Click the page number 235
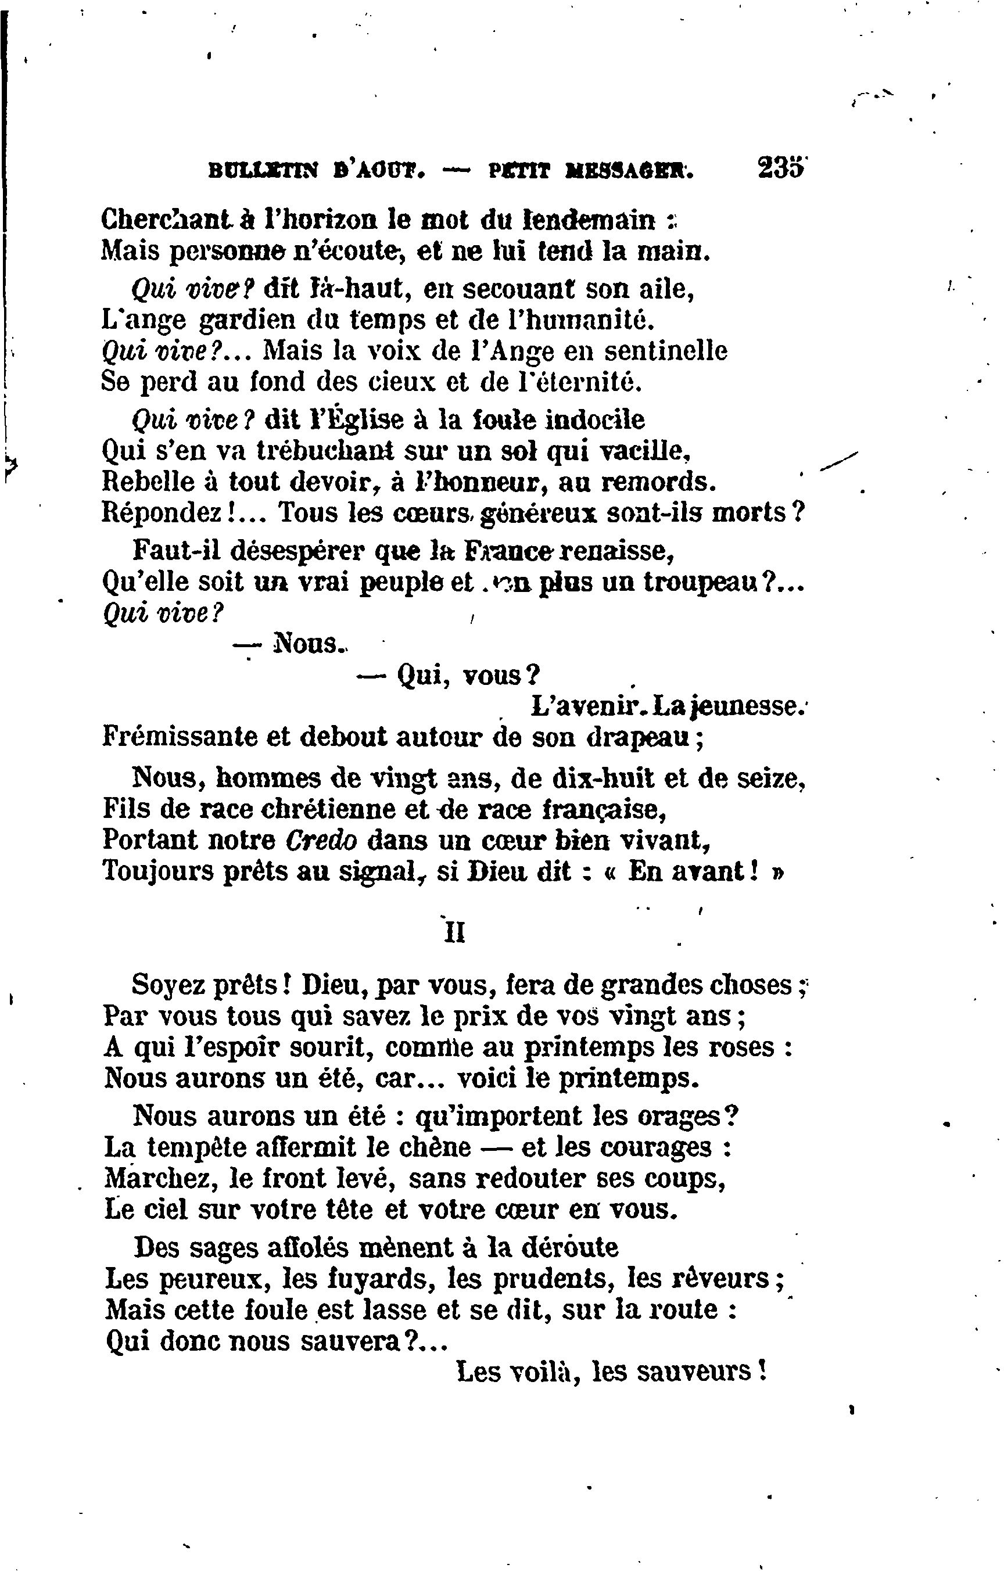click(780, 168)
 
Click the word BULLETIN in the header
click(262, 171)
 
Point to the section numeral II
click(454, 933)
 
